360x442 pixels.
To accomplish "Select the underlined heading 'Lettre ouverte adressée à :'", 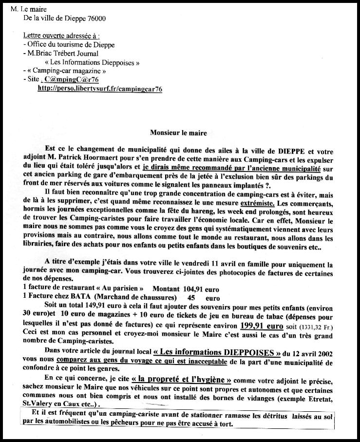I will coord(61,36).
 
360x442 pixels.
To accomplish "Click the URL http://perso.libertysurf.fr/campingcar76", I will coord(99,89).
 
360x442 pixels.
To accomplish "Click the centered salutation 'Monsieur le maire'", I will coord(179,133).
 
